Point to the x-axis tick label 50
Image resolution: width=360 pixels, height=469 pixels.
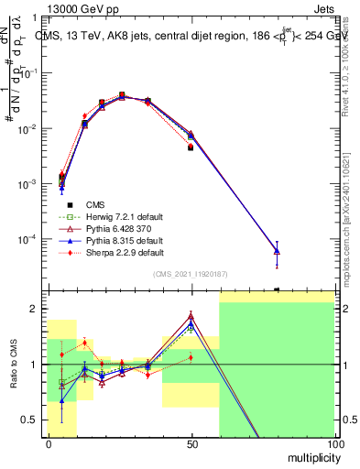coord(191,443)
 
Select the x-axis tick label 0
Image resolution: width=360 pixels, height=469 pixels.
coord(49,443)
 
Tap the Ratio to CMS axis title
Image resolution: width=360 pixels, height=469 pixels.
coord(12,365)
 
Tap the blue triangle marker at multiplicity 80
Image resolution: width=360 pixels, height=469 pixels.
coord(277,251)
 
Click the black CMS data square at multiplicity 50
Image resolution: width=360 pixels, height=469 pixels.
coord(191,147)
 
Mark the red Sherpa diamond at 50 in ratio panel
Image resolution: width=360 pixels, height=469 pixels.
coord(191,357)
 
